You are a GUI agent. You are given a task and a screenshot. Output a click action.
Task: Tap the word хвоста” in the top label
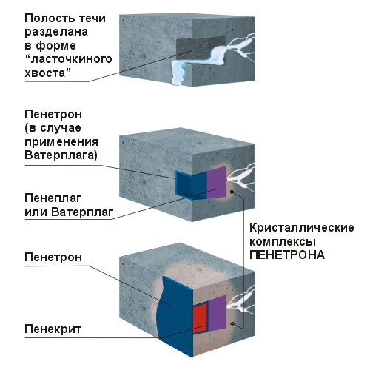point(48,73)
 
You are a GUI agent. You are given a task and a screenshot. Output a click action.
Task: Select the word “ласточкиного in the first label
point(68,59)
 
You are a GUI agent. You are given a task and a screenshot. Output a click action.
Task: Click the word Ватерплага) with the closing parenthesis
point(61,155)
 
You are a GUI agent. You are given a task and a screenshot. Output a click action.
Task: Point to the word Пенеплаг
point(53,198)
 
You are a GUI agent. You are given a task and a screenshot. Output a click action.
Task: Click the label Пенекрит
point(53,329)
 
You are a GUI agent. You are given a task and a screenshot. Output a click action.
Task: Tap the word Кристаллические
point(302,228)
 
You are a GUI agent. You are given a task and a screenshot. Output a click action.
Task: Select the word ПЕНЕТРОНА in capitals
point(287,255)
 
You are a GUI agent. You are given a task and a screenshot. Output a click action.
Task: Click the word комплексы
point(283,242)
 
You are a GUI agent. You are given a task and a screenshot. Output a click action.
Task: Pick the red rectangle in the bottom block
point(200,318)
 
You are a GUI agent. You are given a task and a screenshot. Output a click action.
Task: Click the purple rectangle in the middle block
point(216,182)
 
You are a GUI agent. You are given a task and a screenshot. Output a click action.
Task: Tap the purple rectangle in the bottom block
point(217,312)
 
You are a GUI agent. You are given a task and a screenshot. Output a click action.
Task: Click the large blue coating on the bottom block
point(175,316)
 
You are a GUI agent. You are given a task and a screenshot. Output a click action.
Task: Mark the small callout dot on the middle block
point(232,192)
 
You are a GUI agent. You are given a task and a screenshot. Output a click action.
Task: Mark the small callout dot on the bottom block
point(232,323)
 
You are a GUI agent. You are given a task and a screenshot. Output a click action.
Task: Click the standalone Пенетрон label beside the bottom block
point(53,258)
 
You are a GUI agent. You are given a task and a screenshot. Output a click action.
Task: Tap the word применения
point(61,142)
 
